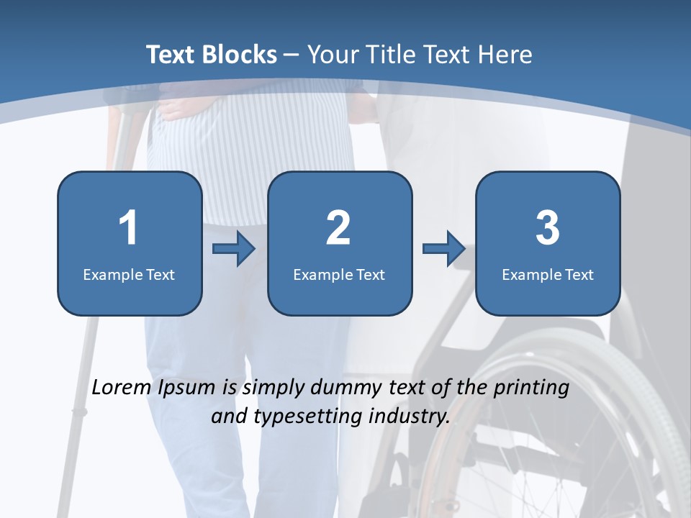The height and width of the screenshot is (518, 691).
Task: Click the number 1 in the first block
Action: [x=128, y=228]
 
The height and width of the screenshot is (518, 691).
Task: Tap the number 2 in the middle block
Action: [x=338, y=228]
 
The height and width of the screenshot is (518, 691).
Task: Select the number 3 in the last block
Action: [x=548, y=228]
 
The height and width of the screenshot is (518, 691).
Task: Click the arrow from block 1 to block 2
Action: [x=234, y=249]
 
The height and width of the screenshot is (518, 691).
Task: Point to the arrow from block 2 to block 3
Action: [x=443, y=249]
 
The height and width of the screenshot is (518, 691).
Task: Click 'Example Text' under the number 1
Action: [x=129, y=274]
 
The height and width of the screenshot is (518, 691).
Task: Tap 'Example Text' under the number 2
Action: [x=339, y=274]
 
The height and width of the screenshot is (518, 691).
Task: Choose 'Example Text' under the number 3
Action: [x=548, y=274]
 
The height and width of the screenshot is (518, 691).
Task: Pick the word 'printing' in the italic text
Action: [x=532, y=388]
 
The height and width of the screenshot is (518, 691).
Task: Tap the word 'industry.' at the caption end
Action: [x=409, y=416]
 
